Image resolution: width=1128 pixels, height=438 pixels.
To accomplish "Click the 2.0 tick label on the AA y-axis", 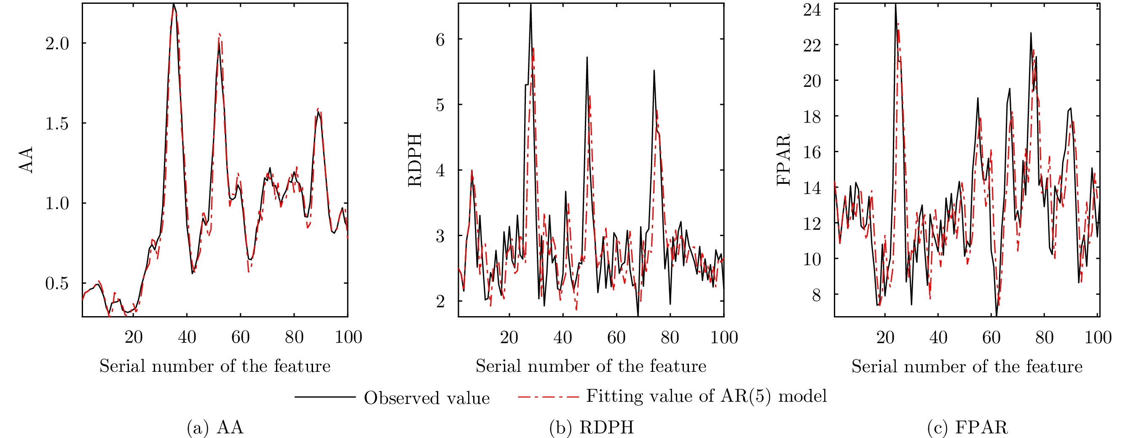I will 57,44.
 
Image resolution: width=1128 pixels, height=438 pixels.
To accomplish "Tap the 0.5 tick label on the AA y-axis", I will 57,284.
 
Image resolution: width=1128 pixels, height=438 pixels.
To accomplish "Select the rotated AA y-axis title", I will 26,160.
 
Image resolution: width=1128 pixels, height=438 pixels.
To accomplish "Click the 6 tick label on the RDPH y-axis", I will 440,40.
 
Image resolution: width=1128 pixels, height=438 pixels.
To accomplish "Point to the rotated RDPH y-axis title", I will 415,160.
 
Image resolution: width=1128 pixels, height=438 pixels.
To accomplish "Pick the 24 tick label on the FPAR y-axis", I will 812,10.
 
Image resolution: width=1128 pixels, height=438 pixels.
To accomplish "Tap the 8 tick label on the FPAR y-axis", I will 816,295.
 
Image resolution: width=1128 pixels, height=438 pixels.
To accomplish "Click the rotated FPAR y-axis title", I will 783,160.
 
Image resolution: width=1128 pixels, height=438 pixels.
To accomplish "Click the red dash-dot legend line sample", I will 548,397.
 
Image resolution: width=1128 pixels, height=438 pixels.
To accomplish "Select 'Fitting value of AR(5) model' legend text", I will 706,396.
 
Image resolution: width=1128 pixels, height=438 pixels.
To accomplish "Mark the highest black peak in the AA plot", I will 174,4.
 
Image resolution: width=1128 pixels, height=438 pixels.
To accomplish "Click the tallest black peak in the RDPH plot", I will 531,4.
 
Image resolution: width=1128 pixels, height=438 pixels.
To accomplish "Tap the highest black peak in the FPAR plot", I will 895,4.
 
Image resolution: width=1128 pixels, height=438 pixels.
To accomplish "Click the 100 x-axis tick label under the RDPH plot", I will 724,338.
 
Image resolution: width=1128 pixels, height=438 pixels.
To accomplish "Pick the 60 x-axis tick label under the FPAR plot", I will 991,338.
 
